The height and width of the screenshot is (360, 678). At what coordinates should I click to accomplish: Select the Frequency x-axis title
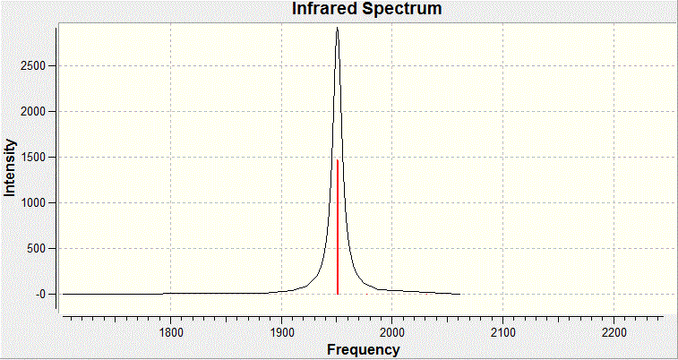click(x=363, y=349)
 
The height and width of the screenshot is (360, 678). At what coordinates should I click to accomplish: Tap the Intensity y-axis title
click(x=11, y=167)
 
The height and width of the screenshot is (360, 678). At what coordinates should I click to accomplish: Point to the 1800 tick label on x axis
click(x=171, y=332)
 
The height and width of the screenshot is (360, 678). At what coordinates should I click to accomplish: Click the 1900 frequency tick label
click(x=281, y=332)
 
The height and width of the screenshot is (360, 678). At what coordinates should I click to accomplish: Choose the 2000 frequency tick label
click(x=392, y=332)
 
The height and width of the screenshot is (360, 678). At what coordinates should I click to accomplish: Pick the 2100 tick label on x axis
click(x=502, y=332)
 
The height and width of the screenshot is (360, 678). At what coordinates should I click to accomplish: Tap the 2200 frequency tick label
click(x=613, y=332)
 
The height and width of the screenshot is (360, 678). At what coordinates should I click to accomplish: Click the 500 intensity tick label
click(x=39, y=249)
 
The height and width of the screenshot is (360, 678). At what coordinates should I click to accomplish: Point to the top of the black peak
click(x=337, y=29)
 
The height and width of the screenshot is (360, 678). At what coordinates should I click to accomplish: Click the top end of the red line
click(x=337, y=161)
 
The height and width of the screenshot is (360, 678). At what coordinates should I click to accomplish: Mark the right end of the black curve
click(x=459, y=294)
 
